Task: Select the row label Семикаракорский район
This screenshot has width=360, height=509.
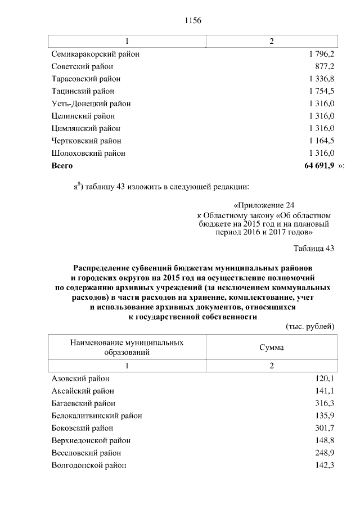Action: coord(95,54)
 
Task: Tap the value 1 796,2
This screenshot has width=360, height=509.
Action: coord(322,54)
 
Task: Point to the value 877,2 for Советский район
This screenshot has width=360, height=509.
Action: coord(325,66)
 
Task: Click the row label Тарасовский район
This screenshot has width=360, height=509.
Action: coord(85,79)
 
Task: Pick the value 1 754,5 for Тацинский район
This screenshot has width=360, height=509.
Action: coord(322,91)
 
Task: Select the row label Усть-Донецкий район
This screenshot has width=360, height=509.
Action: coord(91,103)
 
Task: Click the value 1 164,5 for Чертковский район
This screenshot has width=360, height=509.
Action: coord(322,141)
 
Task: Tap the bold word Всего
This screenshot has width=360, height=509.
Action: coord(62,165)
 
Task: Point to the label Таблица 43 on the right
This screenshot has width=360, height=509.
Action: coord(314,248)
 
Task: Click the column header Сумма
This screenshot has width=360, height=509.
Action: coord(271,347)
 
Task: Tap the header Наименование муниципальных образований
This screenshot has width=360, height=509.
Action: coord(127,347)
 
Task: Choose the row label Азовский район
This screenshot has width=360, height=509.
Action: coord(80,379)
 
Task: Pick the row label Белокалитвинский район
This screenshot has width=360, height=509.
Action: coord(96,416)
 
